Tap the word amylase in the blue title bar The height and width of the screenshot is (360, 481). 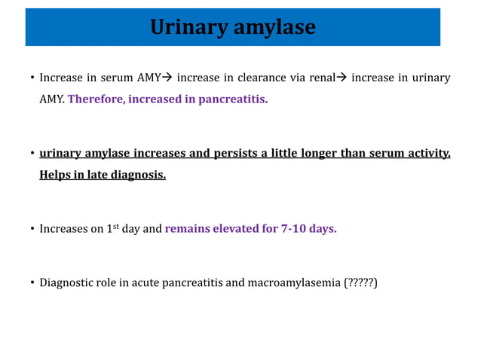[274, 28]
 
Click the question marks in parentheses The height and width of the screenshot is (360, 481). [360, 283]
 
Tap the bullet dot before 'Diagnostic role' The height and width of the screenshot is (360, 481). [32, 284]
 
